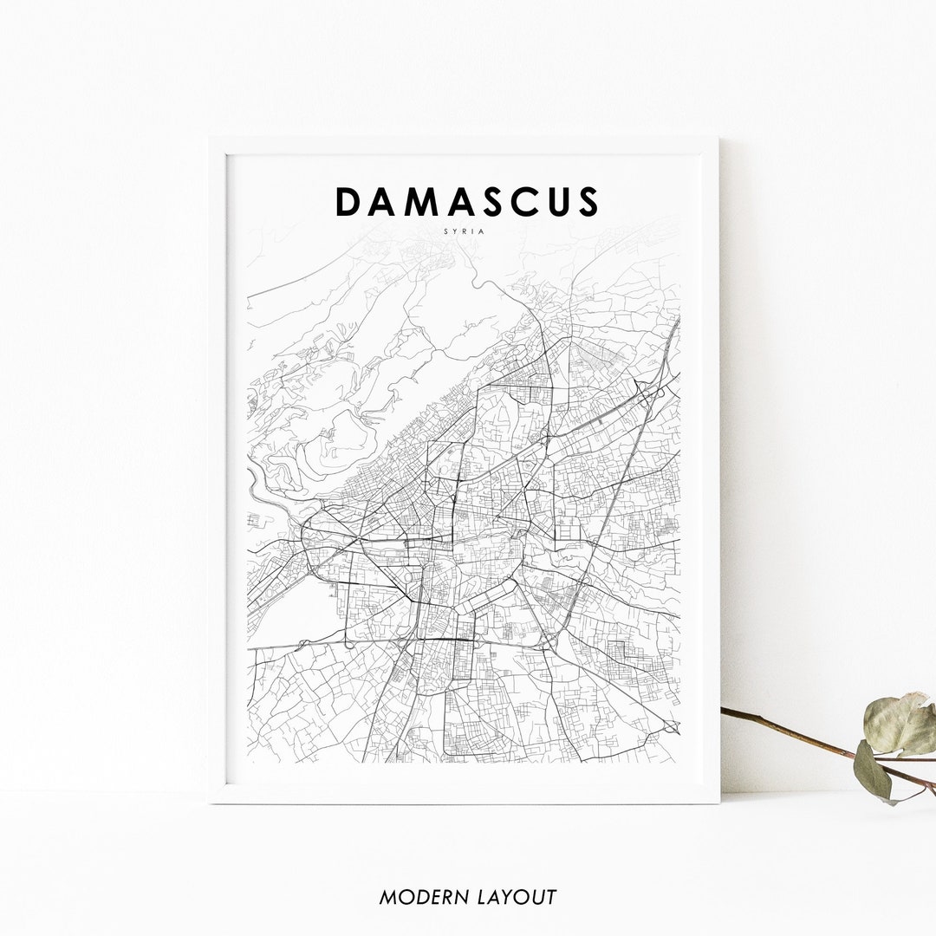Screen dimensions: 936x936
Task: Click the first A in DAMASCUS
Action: (385, 202)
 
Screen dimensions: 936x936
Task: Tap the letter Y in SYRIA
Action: (456, 231)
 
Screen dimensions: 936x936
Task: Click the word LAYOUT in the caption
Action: (517, 897)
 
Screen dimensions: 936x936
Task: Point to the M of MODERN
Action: (389, 897)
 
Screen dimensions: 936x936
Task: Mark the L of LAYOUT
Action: (483, 897)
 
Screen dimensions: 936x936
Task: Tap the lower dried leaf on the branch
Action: (872, 770)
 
